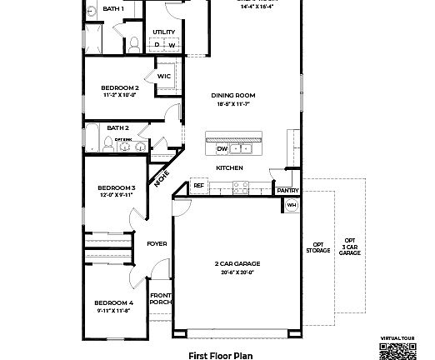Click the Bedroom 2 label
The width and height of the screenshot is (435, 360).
pyautogui.click(x=119, y=87)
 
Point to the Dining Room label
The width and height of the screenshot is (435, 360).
pyautogui.click(x=232, y=96)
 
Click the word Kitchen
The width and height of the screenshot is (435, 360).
pyautogui.click(x=229, y=167)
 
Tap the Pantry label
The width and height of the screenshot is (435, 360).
pyautogui.click(x=287, y=190)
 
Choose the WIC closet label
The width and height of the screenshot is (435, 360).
pyautogui.click(x=164, y=76)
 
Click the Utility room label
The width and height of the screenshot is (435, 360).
pyautogui.click(x=163, y=32)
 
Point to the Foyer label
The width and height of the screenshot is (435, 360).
pyautogui.click(x=157, y=244)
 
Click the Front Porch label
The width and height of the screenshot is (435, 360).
pyautogui.click(x=160, y=299)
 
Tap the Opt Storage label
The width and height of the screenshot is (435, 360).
pyautogui.click(x=317, y=247)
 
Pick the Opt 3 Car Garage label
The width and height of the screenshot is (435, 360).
pyautogui.click(x=350, y=247)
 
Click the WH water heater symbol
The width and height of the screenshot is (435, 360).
pyautogui.click(x=292, y=204)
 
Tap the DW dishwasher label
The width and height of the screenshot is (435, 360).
pyautogui.click(x=222, y=149)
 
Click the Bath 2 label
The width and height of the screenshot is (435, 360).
pyautogui.click(x=117, y=127)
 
